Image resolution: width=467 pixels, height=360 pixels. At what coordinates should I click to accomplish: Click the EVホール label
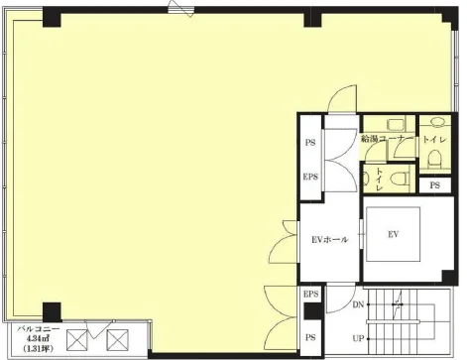(x=329, y=239)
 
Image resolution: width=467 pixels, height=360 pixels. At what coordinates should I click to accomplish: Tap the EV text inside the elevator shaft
(x=393, y=234)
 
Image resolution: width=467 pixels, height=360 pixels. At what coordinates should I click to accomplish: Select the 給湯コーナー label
(x=387, y=139)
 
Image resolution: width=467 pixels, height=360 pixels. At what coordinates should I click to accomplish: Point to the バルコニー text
(x=39, y=329)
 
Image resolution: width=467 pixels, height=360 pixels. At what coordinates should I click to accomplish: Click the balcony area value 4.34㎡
(x=39, y=338)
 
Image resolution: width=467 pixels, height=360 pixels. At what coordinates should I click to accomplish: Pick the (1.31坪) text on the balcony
(x=39, y=348)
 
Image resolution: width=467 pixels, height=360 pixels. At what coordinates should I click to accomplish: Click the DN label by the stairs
(x=358, y=304)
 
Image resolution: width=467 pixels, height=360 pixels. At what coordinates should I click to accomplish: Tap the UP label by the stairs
(x=358, y=338)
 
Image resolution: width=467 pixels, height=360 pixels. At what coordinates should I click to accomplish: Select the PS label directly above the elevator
(x=435, y=185)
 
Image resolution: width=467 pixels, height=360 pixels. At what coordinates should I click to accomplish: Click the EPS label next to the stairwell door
(x=310, y=294)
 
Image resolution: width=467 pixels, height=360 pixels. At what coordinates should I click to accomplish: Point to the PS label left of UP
(x=310, y=337)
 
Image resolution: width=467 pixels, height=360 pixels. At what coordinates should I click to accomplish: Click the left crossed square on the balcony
(x=76, y=340)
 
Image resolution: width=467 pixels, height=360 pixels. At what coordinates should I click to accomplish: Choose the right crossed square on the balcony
(x=117, y=340)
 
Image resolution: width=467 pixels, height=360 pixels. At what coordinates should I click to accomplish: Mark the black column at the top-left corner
(x=52, y=17)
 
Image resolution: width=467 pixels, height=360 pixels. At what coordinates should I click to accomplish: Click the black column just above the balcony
(x=52, y=311)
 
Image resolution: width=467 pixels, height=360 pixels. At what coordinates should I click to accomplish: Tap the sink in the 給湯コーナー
(x=396, y=125)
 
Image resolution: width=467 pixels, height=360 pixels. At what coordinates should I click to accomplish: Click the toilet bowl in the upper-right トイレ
(x=434, y=158)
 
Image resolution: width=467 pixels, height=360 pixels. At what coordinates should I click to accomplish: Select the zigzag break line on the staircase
(x=399, y=303)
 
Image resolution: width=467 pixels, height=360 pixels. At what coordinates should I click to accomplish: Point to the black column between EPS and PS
(x=313, y=311)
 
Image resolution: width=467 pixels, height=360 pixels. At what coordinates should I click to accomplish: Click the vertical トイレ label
(x=379, y=179)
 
